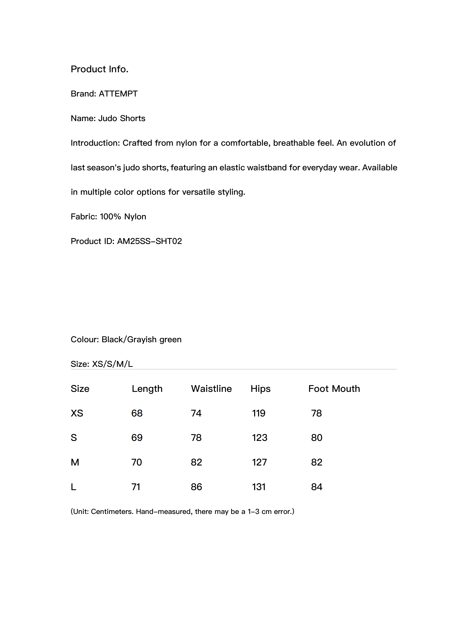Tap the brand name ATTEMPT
point(118,94)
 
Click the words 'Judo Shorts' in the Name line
point(122,118)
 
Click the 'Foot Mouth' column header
point(334,389)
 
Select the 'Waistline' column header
point(211,389)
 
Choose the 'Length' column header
point(147,389)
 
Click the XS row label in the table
point(77,413)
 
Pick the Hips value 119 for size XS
point(258,413)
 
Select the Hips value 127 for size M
point(259,462)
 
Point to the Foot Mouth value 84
point(316,487)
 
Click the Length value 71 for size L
point(136,487)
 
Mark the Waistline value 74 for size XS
point(196,413)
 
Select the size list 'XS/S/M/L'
point(112,364)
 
